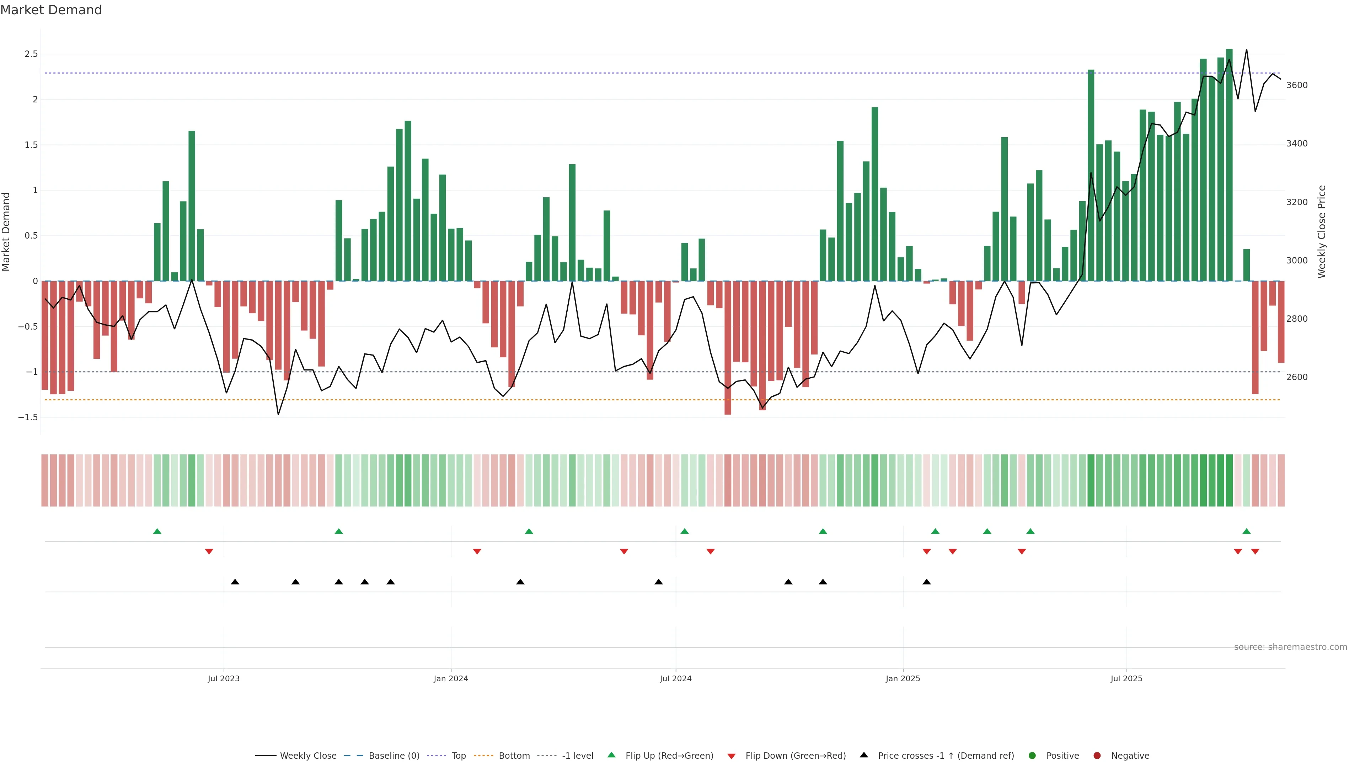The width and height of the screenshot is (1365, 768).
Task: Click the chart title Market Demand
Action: (x=51, y=10)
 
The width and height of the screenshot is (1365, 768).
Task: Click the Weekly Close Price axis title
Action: (x=1322, y=231)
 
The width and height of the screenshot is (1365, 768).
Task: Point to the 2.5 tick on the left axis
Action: (x=31, y=54)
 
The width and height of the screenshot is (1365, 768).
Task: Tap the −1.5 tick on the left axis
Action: (x=28, y=417)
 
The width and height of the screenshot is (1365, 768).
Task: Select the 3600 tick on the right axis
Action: (x=1297, y=85)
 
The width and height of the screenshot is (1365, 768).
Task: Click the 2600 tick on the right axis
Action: (x=1297, y=377)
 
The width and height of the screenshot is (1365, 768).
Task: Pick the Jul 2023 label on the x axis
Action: (x=224, y=678)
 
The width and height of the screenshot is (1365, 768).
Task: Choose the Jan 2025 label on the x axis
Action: (x=903, y=678)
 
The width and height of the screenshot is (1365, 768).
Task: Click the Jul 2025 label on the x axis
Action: (x=1126, y=678)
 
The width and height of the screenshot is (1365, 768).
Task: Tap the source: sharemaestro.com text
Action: (x=1290, y=647)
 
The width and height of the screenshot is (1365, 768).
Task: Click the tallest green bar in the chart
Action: (x=1229, y=164)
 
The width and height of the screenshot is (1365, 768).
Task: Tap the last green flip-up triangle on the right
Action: (x=1246, y=531)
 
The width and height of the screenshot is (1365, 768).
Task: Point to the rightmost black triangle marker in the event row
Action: (x=927, y=582)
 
